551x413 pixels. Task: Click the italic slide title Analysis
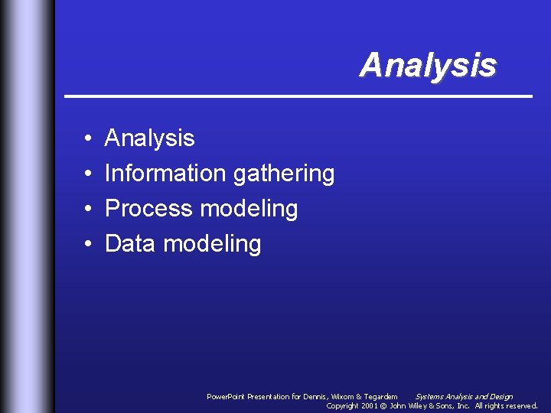428,65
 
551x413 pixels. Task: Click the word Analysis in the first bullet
149,138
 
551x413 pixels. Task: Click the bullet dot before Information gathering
89,174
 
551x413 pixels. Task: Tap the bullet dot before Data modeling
89,245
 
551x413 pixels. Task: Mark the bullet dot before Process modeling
89,210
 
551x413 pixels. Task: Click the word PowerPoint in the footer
227,397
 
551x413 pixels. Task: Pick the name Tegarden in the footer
380,397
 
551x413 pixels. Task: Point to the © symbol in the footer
384,406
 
